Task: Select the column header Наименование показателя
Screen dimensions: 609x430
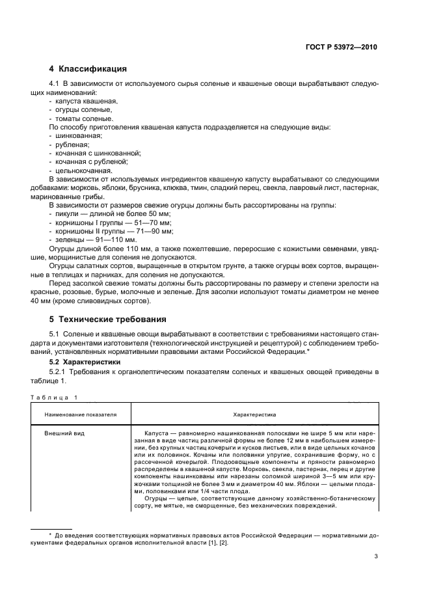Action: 81,414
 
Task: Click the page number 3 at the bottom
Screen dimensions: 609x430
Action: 375,556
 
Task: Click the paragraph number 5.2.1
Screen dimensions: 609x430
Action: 61,370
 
